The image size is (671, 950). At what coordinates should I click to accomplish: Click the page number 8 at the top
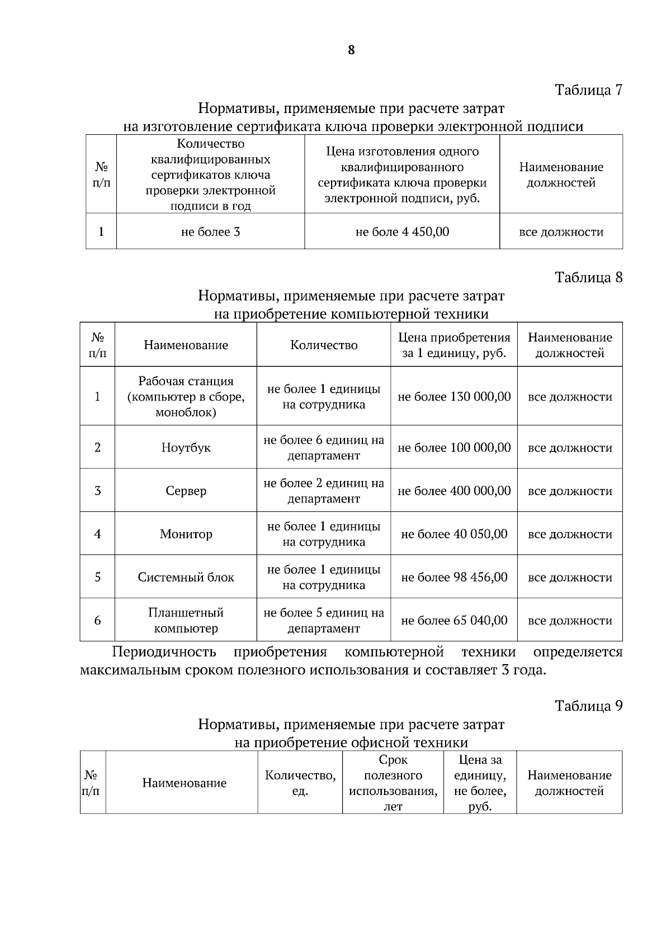pyautogui.click(x=351, y=50)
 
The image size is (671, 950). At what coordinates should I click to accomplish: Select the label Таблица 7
pyautogui.click(x=588, y=90)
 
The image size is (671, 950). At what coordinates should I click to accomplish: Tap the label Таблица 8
pyautogui.click(x=588, y=278)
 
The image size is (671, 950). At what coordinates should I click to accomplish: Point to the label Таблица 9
pyautogui.click(x=588, y=706)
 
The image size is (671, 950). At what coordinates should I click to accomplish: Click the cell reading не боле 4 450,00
pyautogui.click(x=402, y=232)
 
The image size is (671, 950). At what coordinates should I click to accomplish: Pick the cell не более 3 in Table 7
pyautogui.click(x=210, y=232)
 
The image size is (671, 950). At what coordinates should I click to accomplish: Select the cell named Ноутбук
pyautogui.click(x=186, y=448)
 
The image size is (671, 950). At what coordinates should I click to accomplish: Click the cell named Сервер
pyautogui.click(x=186, y=491)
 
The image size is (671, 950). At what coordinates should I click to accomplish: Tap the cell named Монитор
pyautogui.click(x=186, y=534)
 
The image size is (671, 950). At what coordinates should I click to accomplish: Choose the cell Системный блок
pyautogui.click(x=186, y=577)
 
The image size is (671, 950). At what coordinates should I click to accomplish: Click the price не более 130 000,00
pyautogui.click(x=454, y=397)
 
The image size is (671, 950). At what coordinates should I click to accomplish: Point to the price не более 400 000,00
pyautogui.click(x=454, y=491)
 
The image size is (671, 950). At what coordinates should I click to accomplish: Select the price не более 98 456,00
pyautogui.click(x=454, y=577)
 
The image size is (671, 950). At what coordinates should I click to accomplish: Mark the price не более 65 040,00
pyautogui.click(x=454, y=620)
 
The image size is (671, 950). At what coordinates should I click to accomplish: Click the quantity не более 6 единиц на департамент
pyautogui.click(x=324, y=448)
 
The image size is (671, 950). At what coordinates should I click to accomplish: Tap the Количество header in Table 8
pyautogui.click(x=324, y=345)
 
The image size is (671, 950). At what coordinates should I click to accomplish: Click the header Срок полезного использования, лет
pyautogui.click(x=393, y=783)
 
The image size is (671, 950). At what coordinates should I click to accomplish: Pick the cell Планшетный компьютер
pyautogui.click(x=186, y=620)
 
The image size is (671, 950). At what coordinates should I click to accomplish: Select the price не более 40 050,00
pyautogui.click(x=454, y=534)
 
